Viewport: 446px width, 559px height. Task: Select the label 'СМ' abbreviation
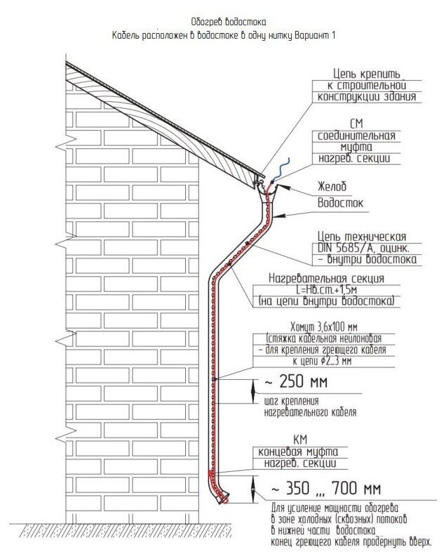pos(356,124)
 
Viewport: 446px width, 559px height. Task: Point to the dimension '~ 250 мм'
pos(294,383)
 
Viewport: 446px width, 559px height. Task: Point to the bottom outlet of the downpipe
pos(223,499)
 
